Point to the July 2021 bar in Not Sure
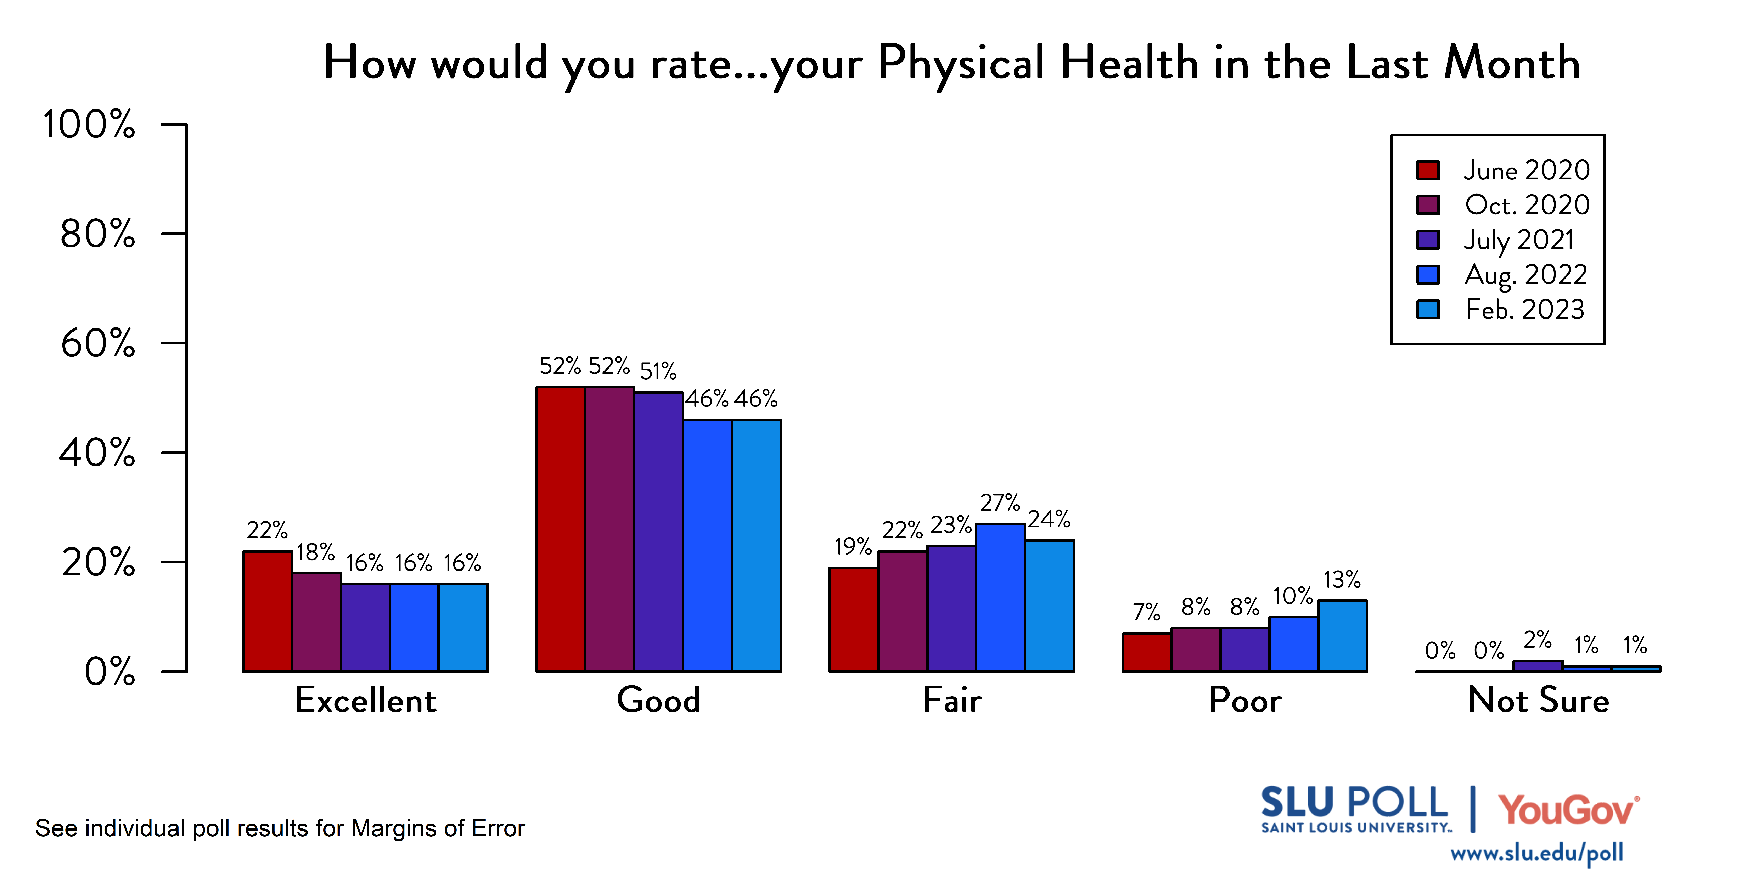click(1538, 666)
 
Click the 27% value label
click(1000, 503)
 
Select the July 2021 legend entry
click(1519, 239)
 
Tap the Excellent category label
click(366, 700)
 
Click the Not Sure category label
click(1538, 700)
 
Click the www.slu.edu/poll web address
click(1536, 853)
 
